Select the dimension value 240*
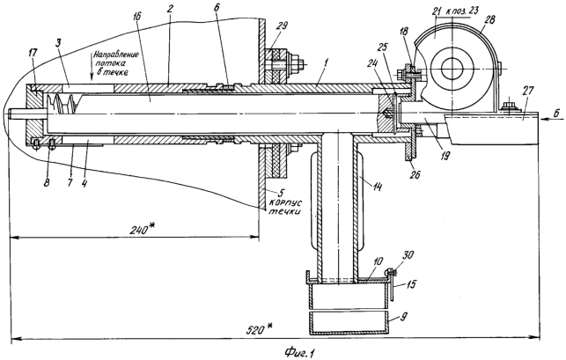[x=143, y=230]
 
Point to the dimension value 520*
[x=259, y=329]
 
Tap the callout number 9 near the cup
[x=403, y=317]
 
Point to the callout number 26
[x=415, y=174]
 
